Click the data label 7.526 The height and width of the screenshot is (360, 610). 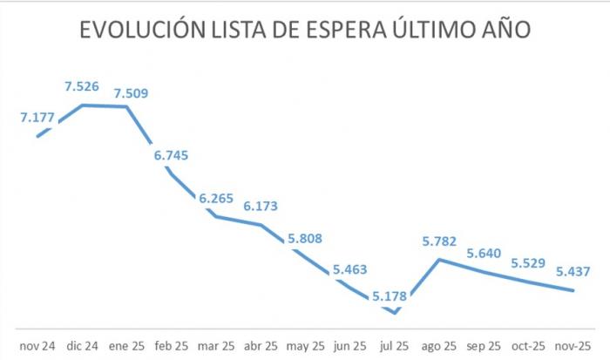coord(83,87)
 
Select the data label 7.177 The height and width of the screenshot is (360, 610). coord(37,117)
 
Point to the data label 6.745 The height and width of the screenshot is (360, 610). coord(172,155)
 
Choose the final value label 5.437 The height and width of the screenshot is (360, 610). coord(573,271)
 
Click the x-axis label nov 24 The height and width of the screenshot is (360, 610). coord(37,345)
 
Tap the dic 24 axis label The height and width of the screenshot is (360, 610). coord(83,345)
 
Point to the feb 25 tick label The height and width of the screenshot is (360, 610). coord(172,345)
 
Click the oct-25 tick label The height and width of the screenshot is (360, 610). coord(528,345)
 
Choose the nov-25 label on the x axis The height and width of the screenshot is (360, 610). coord(573,345)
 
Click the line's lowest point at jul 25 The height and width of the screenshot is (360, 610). coord(395,312)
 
